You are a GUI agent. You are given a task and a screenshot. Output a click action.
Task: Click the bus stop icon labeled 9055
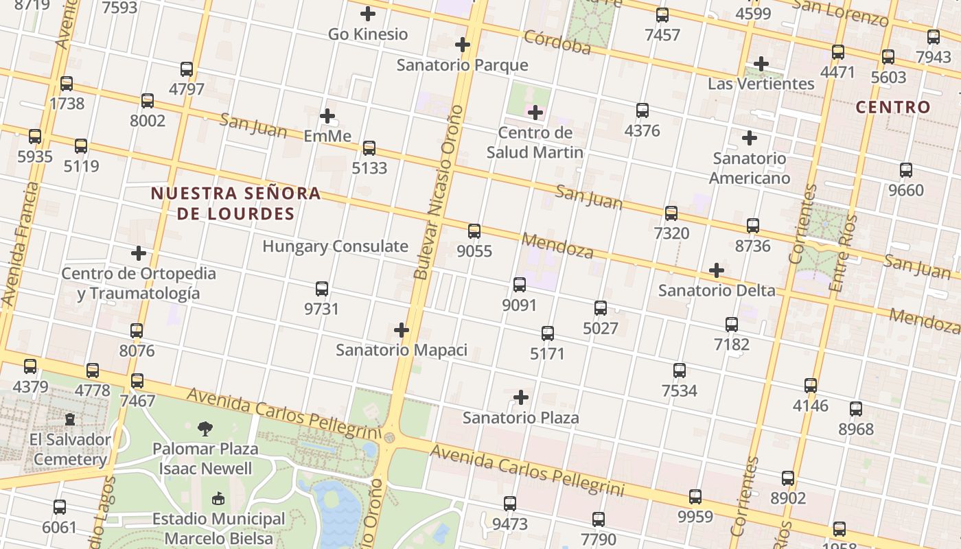pyautogui.click(x=474, y=231)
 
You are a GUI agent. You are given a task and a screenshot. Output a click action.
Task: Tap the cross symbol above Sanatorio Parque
pyautogui.click(x=463, y=45)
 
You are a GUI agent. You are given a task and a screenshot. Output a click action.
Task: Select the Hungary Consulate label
pyautogui.click(x=335, y=246)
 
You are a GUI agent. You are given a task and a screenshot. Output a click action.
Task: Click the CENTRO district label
pyautogui.click(x=893, y=107)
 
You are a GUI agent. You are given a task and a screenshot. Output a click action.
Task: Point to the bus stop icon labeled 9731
pyautogui.click(x=321, y=289)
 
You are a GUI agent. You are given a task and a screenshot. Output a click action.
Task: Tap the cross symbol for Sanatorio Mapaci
pyautogui.click(x=402, y=331)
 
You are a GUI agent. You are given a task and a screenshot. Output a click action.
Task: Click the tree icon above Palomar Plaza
pyautogui.click(x=205, y=430)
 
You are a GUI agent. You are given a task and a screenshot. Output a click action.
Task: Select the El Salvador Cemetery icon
pyautogui.click(x=69, y=419)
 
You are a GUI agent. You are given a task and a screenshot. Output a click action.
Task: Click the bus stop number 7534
pyautogui.click(x=679, y=390)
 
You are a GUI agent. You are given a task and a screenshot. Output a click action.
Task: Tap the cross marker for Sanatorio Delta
pyautogui.click(x=717, y=270)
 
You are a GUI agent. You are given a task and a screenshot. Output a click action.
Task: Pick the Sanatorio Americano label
pyautogui.click(x=749, y=168)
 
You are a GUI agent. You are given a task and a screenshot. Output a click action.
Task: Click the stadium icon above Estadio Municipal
pyautogui.click(x=218, y=499)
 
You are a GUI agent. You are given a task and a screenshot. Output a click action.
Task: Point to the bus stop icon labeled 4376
pyautogui.click(x=642, y=110)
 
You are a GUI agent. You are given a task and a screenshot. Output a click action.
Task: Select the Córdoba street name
pyautogui.click(x=557, y=42)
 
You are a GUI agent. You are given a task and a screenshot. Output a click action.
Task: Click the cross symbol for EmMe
pyautogui.click(x=327, y=116)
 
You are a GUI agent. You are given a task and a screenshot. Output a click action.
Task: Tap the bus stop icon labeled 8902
pyautogui.click(x=788, y=478)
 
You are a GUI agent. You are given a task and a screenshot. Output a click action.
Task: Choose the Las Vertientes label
pyautogui.click(x=761, y=84)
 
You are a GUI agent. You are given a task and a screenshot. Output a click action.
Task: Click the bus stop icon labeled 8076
pyautogui.click(x=137, y=331)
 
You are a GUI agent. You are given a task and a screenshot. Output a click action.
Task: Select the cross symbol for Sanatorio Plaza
pyautogui.click(x=521, y=397)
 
